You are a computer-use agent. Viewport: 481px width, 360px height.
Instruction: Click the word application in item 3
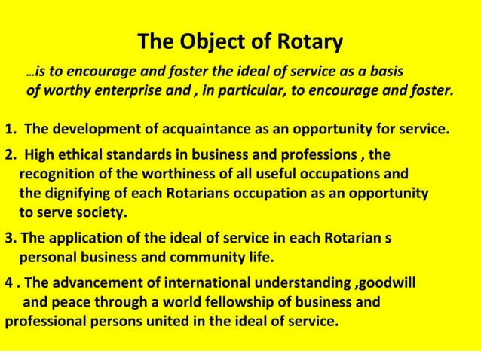click(x=88, y=240)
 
